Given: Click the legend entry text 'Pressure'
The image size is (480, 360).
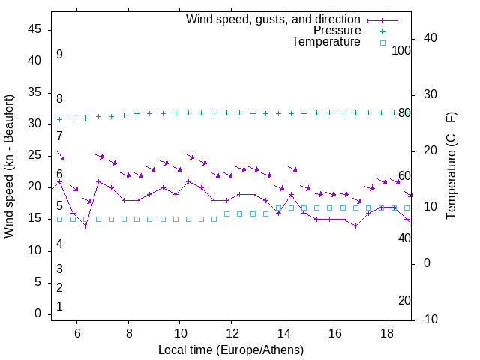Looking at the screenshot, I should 337,31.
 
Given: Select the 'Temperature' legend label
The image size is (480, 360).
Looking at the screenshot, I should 326,43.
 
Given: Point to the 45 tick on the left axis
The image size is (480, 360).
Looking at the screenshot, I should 34,29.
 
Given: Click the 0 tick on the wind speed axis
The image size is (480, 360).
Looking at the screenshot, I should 37,314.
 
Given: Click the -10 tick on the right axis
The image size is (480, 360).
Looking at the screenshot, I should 430,319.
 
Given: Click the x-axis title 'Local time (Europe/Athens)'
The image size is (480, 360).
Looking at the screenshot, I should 232,349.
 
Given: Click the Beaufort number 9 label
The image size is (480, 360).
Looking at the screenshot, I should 59,55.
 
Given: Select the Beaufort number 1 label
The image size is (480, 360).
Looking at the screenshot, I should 59,307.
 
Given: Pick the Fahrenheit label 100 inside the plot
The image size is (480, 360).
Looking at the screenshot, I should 401,51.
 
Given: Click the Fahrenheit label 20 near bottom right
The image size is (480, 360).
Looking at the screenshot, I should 404,301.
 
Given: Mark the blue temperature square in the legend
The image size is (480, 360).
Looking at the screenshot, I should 382,43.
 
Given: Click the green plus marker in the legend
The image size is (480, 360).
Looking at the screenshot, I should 382,31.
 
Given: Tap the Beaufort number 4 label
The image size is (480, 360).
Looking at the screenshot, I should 59,244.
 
